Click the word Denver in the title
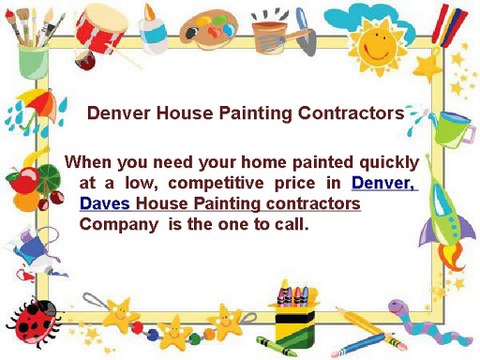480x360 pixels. pyautogui.click(x=119, y=114)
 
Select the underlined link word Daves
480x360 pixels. pyautogui.click(x=105, y=204)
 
